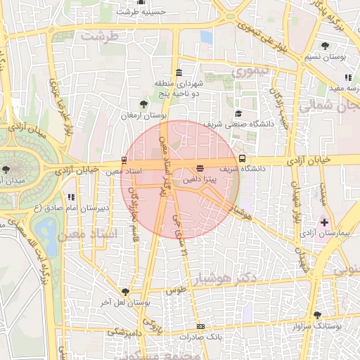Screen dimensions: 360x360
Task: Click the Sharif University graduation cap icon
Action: [x=238, y=113]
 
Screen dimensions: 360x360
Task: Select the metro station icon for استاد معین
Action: [x=124, y=160]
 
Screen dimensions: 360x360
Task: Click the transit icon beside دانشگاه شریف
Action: [x=243, y=158]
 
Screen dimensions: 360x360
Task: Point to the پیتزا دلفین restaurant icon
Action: [x=200, y=168]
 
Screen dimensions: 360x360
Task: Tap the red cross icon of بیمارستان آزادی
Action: [x=323, y=222]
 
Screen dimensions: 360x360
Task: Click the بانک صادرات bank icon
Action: [x=201, y=326]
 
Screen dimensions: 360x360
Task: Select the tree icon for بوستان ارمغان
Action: [x=144, y=104]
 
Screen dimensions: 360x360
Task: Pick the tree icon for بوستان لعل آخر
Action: [x=125, y=291]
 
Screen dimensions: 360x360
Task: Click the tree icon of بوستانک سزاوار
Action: [x=317, y=316]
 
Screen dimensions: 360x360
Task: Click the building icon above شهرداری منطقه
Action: [x=179, y=72]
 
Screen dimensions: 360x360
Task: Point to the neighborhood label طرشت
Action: [x=98, y=34]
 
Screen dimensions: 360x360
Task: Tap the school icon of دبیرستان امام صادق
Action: [x=71, y=198]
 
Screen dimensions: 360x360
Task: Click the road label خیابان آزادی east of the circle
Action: [x=314, y=162]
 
